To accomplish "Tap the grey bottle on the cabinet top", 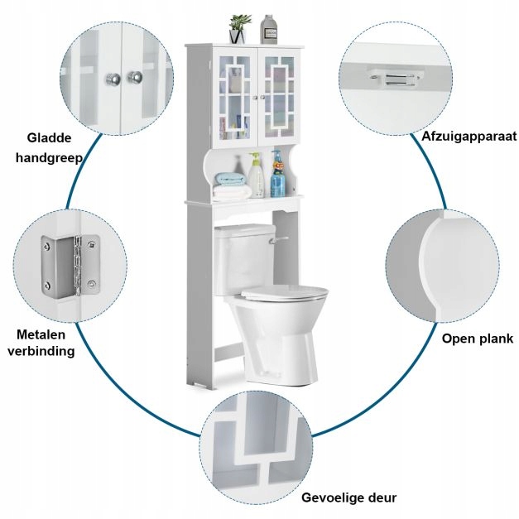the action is click(268, 28).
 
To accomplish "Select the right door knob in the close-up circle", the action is click(137, 78).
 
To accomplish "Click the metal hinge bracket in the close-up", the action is click(70, 265).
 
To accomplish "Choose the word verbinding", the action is click(46, 351).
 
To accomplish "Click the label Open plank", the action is click(478, 338).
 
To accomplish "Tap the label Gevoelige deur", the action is click(348, 497).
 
